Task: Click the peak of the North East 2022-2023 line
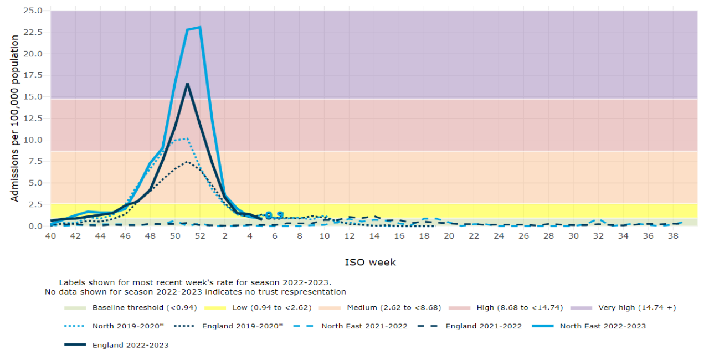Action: tap(199, 27)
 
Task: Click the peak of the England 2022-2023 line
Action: tap(187, 84)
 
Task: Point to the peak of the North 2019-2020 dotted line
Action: tap(187, 138)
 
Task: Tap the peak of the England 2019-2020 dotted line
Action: tap(187, 162)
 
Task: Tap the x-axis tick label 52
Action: tap(199, 236)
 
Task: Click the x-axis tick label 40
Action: tap(50, 236)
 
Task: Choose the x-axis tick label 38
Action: tap(672, 236)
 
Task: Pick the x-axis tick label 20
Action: tap(449, 236)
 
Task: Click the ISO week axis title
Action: tap(371, 262)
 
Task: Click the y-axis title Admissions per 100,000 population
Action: tap(15, 118)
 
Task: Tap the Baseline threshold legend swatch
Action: tap(75, 307)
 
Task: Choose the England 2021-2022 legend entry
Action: tap(484, 326)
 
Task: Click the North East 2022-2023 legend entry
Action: tap(603, 326)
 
